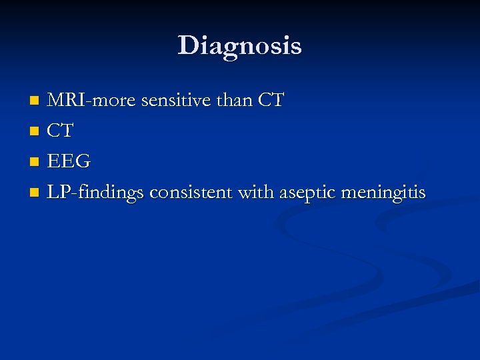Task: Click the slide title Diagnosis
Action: click(239, 46)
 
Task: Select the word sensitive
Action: click(169, 101)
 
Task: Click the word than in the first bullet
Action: click(234, 101)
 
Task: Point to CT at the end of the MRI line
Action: click(271, 101)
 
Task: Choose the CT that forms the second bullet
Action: click(60, 132)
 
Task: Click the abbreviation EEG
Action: click(68, 163)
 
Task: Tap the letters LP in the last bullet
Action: click(57, 193)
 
